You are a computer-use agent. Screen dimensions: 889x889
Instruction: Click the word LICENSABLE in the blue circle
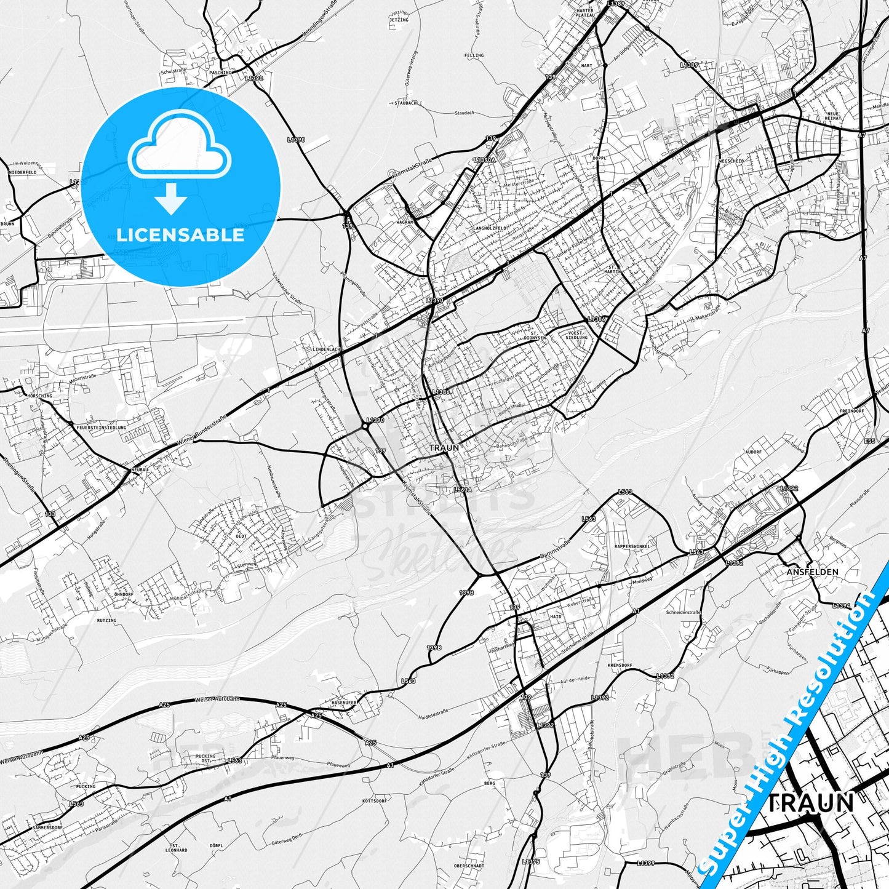point(180,235)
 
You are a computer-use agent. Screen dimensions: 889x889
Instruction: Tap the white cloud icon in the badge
point(180,148)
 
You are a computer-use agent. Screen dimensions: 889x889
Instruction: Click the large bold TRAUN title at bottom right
point(811,802)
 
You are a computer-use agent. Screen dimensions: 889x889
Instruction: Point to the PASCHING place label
point(220,73)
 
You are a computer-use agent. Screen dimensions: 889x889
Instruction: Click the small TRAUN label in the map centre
point(444,448)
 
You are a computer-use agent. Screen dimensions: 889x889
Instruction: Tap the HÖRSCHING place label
point(40,396)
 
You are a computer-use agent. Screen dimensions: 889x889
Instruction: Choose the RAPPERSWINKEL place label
point(632,546)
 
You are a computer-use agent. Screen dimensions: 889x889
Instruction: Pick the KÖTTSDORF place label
point(375,801)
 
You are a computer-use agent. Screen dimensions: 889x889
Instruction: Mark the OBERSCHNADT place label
point(469,866)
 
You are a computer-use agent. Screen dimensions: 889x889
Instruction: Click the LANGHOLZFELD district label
point(490,228)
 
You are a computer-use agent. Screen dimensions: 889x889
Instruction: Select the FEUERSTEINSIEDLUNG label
point(102,427)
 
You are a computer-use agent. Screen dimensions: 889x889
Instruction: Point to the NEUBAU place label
point(140,469)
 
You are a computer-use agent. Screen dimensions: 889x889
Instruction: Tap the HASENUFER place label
point(345,702)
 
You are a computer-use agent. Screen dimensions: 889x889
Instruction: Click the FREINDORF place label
point(851,410)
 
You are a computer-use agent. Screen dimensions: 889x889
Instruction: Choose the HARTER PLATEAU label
point(585,12)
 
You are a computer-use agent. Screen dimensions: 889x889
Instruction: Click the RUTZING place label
point(106,621)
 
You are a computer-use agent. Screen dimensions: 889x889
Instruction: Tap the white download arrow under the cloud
point(171,198)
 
